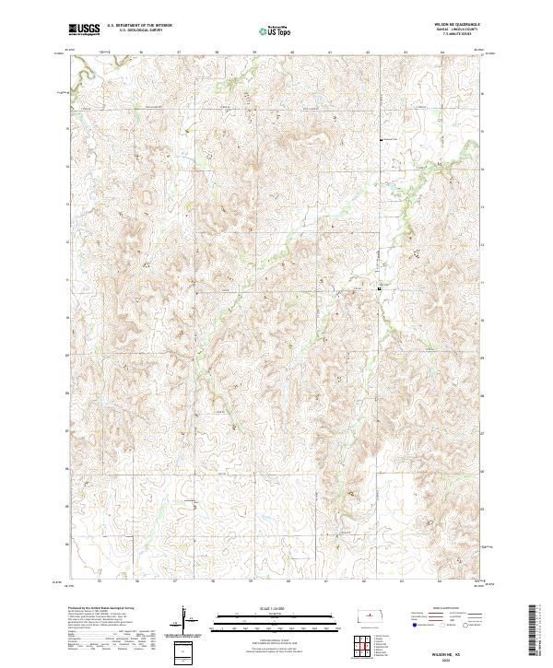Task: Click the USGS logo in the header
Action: pyautogui.click(x=84, y=29)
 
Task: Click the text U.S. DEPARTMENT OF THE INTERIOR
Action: pyautogui.click(x=139, y=26)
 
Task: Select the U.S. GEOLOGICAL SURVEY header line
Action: pyautogui.click(x=139, y=30)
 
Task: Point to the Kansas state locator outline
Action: pyautogui.click(x=372, y=615)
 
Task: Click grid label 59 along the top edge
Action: pyautogui.click(x=253, y=52)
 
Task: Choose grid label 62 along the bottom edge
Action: pyautogui.click(x=366, y=581)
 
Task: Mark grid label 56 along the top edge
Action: pyautogui.click(x=138, y=52)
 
